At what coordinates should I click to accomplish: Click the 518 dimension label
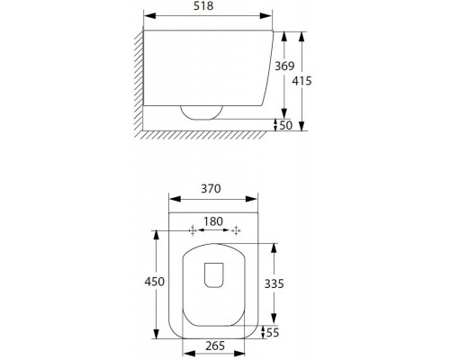(203, 6)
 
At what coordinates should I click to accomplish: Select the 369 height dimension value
(284, 66)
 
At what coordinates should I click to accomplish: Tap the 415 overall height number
(302, 81)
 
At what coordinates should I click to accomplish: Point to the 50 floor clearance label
(285, 125)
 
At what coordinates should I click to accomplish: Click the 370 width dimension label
(211, 189)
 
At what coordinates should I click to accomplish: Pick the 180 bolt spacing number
(213, 221)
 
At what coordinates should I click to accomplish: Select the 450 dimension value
(155, 282)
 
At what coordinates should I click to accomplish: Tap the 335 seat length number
(274, 283)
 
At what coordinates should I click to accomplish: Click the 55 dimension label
(273, 332)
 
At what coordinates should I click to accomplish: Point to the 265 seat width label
(215, 346)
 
